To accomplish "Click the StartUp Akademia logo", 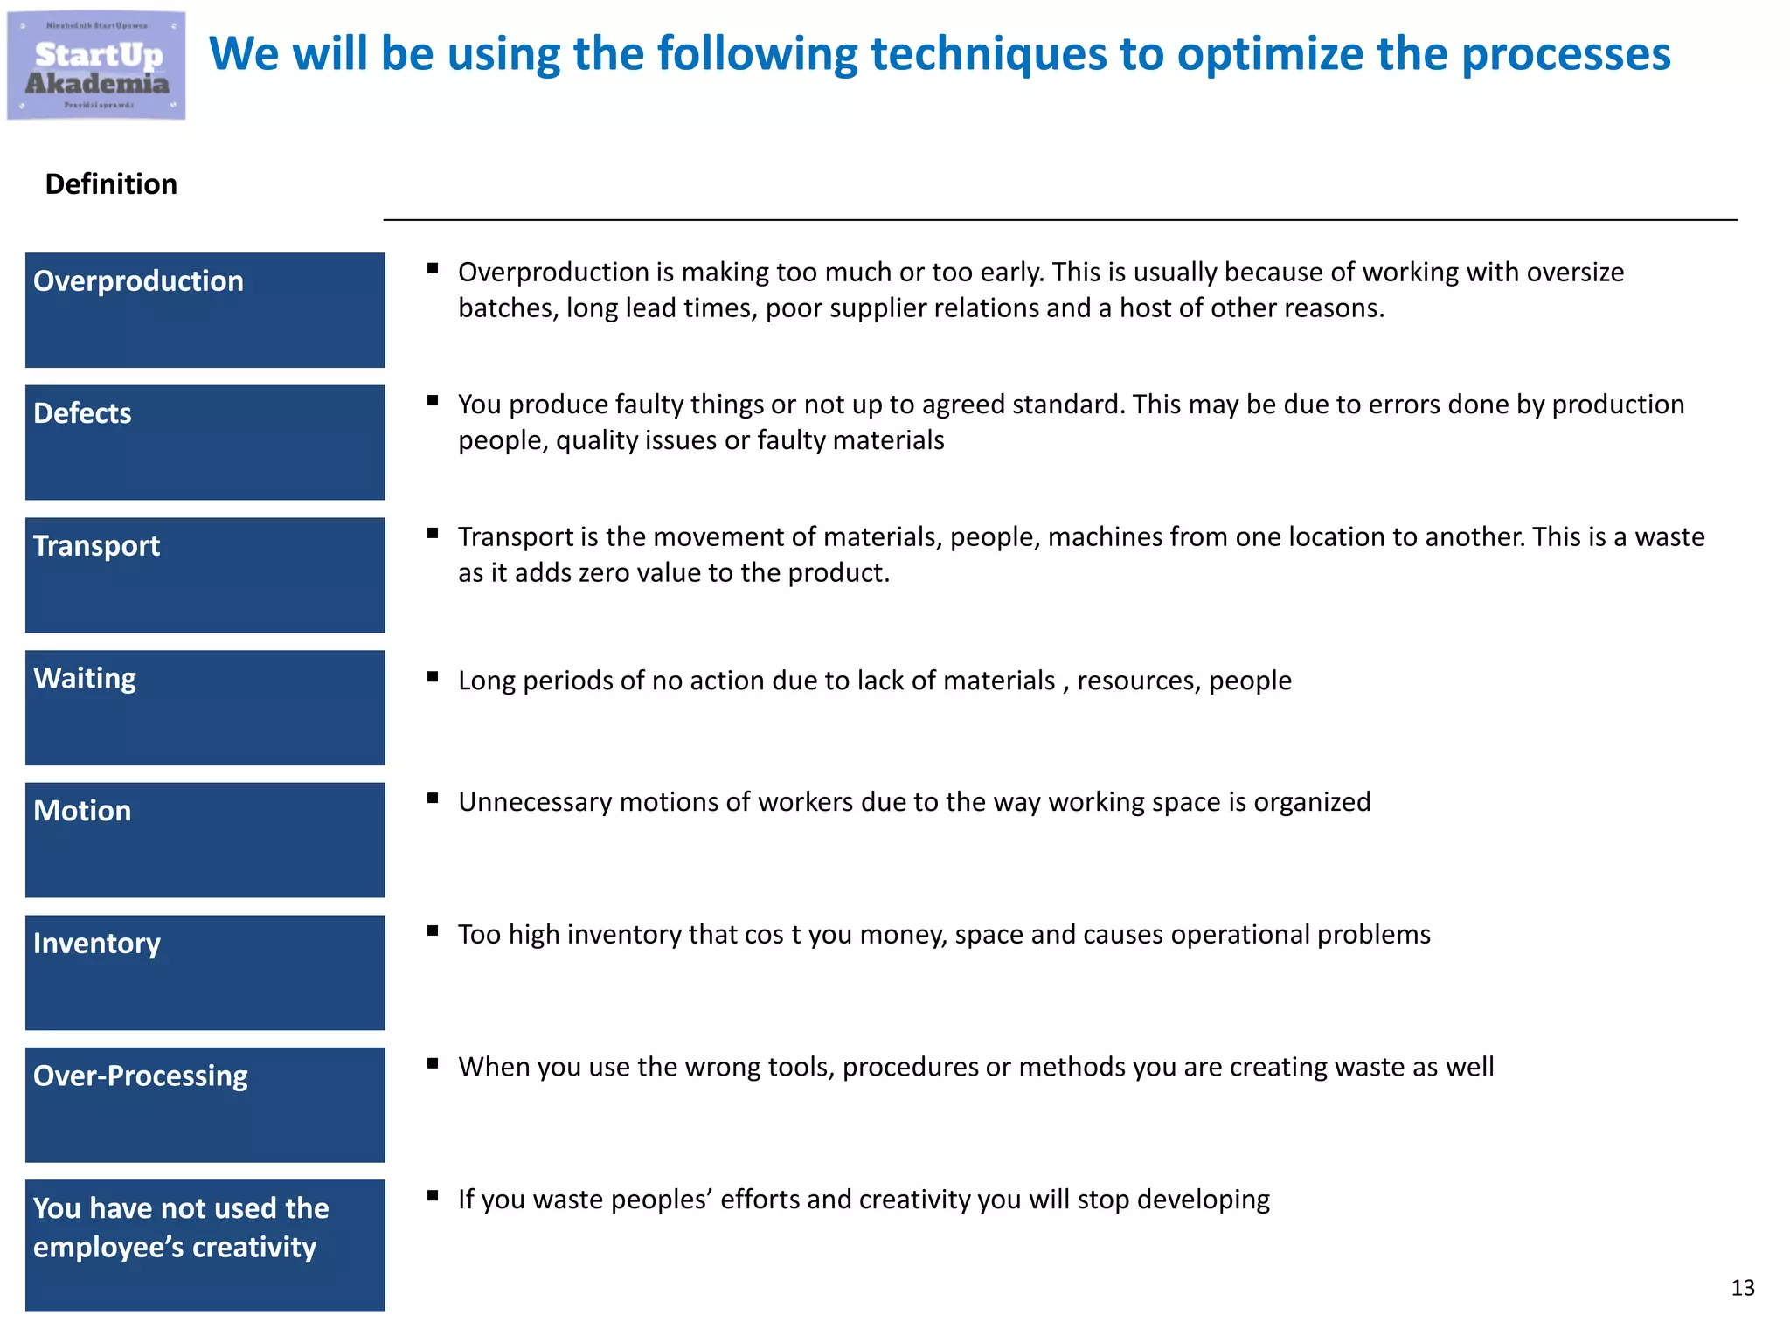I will (96, 66).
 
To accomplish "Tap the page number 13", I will (1742, 1288).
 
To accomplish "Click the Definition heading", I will (111, 184).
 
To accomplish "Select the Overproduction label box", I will (205, 310).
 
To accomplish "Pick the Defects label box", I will (205, 442).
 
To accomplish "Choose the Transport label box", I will (205, 575).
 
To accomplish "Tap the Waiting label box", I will (205, 708).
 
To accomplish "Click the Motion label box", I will (205, 840).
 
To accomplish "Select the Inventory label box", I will (205, 972).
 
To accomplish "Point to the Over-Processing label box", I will (205, 1104).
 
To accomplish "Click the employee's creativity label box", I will (205, 1245).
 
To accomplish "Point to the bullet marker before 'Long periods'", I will (433, 676).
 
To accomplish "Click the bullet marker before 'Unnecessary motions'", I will (433, 798).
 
